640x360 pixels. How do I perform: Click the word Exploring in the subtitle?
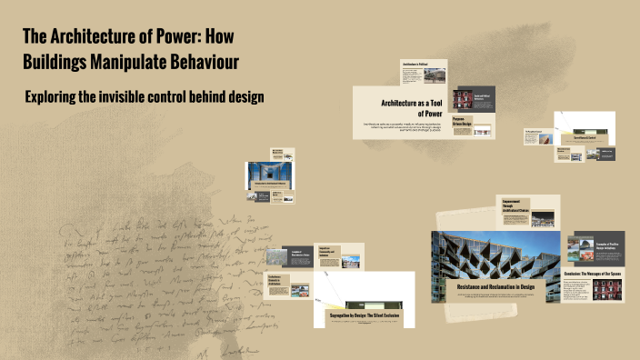pos(57,97)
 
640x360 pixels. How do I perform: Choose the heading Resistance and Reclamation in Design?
pos(495,286)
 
